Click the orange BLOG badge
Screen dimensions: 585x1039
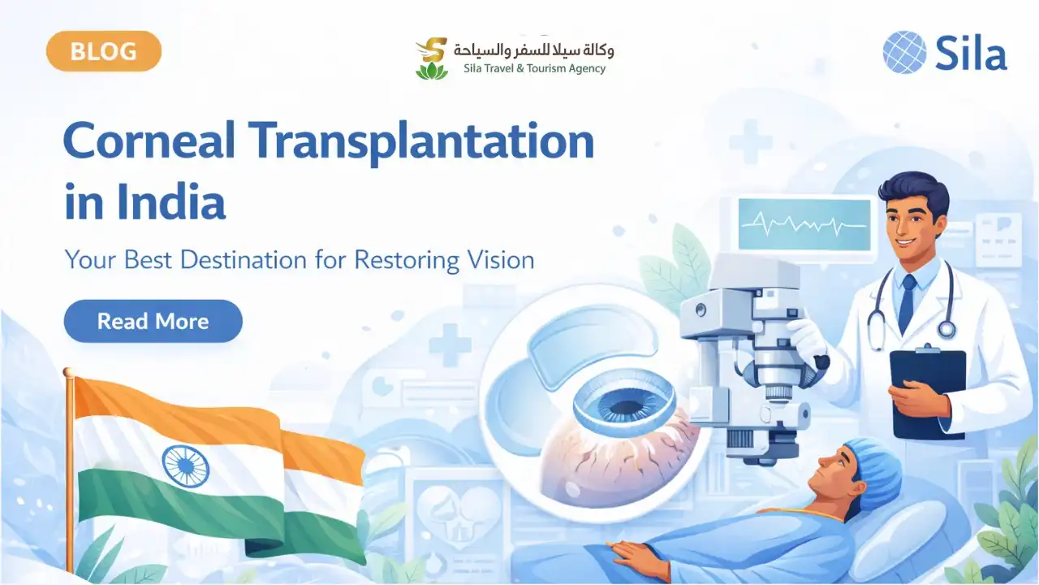(104, 51)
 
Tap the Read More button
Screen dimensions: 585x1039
(153, 321)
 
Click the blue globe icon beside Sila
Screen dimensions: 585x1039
(904, 52)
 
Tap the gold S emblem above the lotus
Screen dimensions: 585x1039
(433, 50)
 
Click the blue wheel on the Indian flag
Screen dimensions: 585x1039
(185, 466)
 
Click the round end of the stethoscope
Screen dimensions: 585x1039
(946, 329)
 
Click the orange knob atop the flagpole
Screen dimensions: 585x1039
(68, 372)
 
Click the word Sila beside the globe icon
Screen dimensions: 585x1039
(971, 54)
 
